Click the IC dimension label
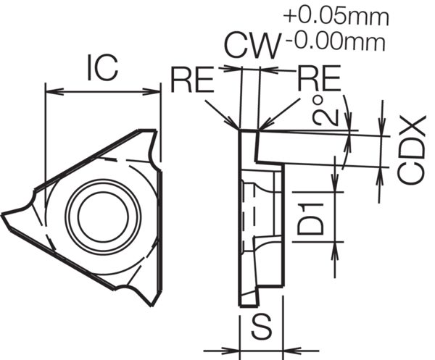(102, 70)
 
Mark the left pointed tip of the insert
(6, 214)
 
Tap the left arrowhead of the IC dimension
(49, 91)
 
